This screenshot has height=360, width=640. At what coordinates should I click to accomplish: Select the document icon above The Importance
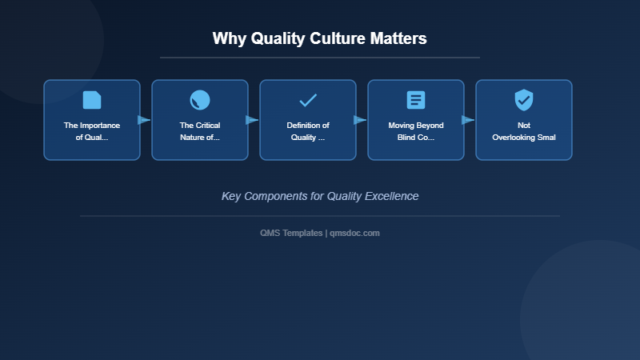tap(92, 100)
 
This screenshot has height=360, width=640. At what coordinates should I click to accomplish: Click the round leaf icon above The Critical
tap(200, 100)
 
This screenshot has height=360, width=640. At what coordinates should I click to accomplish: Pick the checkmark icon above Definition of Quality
tap(308, 100)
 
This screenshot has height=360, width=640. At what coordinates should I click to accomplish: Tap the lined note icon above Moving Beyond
tap(416, 100)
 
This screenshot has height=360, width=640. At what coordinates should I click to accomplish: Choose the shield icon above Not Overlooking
tap(524, 100)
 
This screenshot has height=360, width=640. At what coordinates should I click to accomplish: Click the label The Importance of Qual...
tap(92, 131)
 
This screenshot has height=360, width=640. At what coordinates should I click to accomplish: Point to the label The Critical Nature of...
tap(200, 131)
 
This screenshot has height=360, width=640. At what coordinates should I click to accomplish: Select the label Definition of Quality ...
tap(308, 131)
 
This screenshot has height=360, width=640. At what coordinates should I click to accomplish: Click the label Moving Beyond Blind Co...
tap(416, 131)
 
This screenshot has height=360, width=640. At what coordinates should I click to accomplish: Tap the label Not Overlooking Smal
tap(524, 131)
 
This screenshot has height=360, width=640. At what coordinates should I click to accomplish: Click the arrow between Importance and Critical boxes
tap(144, 120)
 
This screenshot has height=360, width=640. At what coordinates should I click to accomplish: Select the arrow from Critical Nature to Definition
tap(252, 120)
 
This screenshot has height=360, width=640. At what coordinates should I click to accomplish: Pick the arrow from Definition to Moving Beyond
tap(360, 120)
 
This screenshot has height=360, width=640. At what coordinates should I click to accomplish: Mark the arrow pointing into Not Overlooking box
tap(468, 120)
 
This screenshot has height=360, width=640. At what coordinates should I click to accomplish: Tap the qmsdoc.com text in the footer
tap(355, 233)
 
